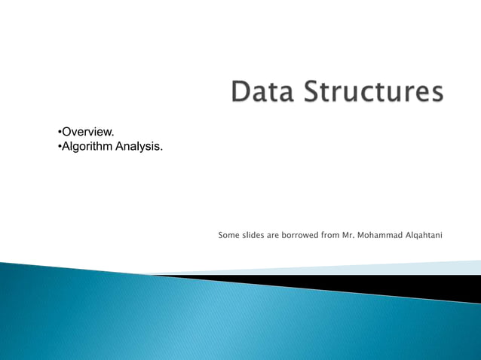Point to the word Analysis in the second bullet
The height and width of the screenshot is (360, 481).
(139, 146)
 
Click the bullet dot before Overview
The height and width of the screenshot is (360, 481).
(60, 133)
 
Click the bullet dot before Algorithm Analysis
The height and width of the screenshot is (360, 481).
(60, 146)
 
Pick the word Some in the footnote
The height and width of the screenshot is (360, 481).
(228, 235)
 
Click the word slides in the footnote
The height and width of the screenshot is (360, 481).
(253, 235)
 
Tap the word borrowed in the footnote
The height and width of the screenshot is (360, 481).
(299, 235)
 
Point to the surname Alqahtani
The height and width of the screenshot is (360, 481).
(424, 236)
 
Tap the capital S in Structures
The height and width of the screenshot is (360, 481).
(312, 93)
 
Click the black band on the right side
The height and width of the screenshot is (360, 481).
(422, 285)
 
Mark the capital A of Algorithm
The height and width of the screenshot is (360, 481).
(66, 146)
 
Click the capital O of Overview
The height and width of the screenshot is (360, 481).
(67, 133)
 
